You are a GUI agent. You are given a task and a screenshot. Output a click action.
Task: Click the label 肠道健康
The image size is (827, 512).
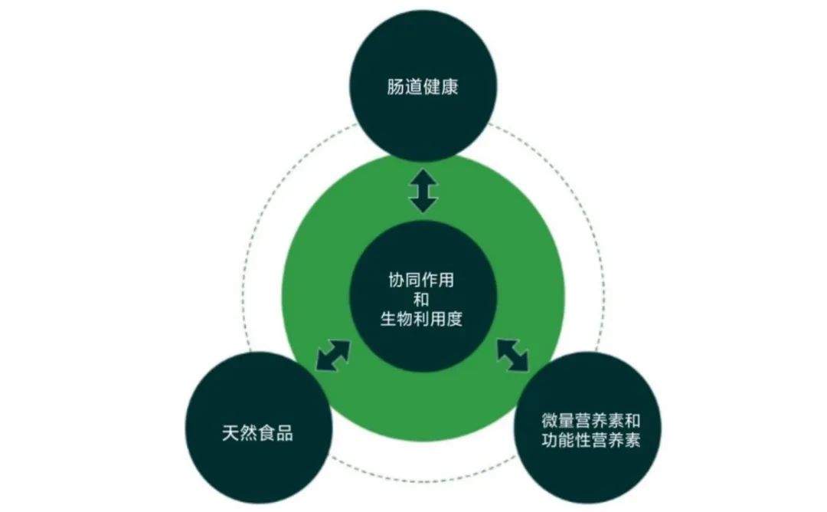(x=423, y=87)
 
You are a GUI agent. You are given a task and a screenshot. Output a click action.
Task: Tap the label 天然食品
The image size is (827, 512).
(x=257, y=433)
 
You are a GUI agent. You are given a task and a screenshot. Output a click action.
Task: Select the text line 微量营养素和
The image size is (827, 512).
(x=590, y=422)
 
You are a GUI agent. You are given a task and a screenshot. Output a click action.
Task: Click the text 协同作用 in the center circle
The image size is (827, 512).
(x=422, y=281)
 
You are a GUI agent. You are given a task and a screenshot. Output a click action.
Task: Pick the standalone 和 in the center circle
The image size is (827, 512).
(x=422, y=300)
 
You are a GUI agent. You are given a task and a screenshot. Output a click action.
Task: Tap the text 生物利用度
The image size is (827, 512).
(x=422, y=320)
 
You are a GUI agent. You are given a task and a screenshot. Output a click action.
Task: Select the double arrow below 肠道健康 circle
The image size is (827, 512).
(x=423, y=191)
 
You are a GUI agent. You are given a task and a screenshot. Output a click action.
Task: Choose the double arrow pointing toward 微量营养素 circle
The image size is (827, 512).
(x=513, y=355)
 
